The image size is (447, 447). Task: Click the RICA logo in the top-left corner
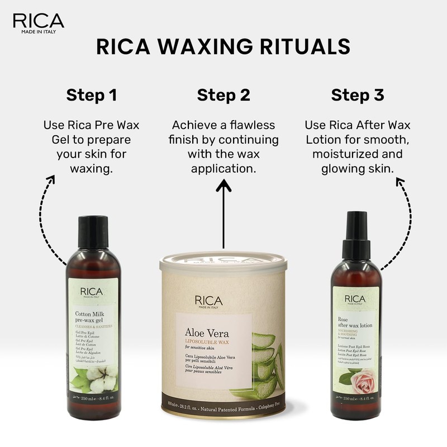pos(38,22)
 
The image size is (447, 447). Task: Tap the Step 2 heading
pos(223,95)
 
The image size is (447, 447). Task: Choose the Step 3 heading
pos(358,95)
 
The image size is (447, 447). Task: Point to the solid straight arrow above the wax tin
pos(223,212)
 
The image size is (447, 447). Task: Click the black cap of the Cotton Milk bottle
pos(93,231)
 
